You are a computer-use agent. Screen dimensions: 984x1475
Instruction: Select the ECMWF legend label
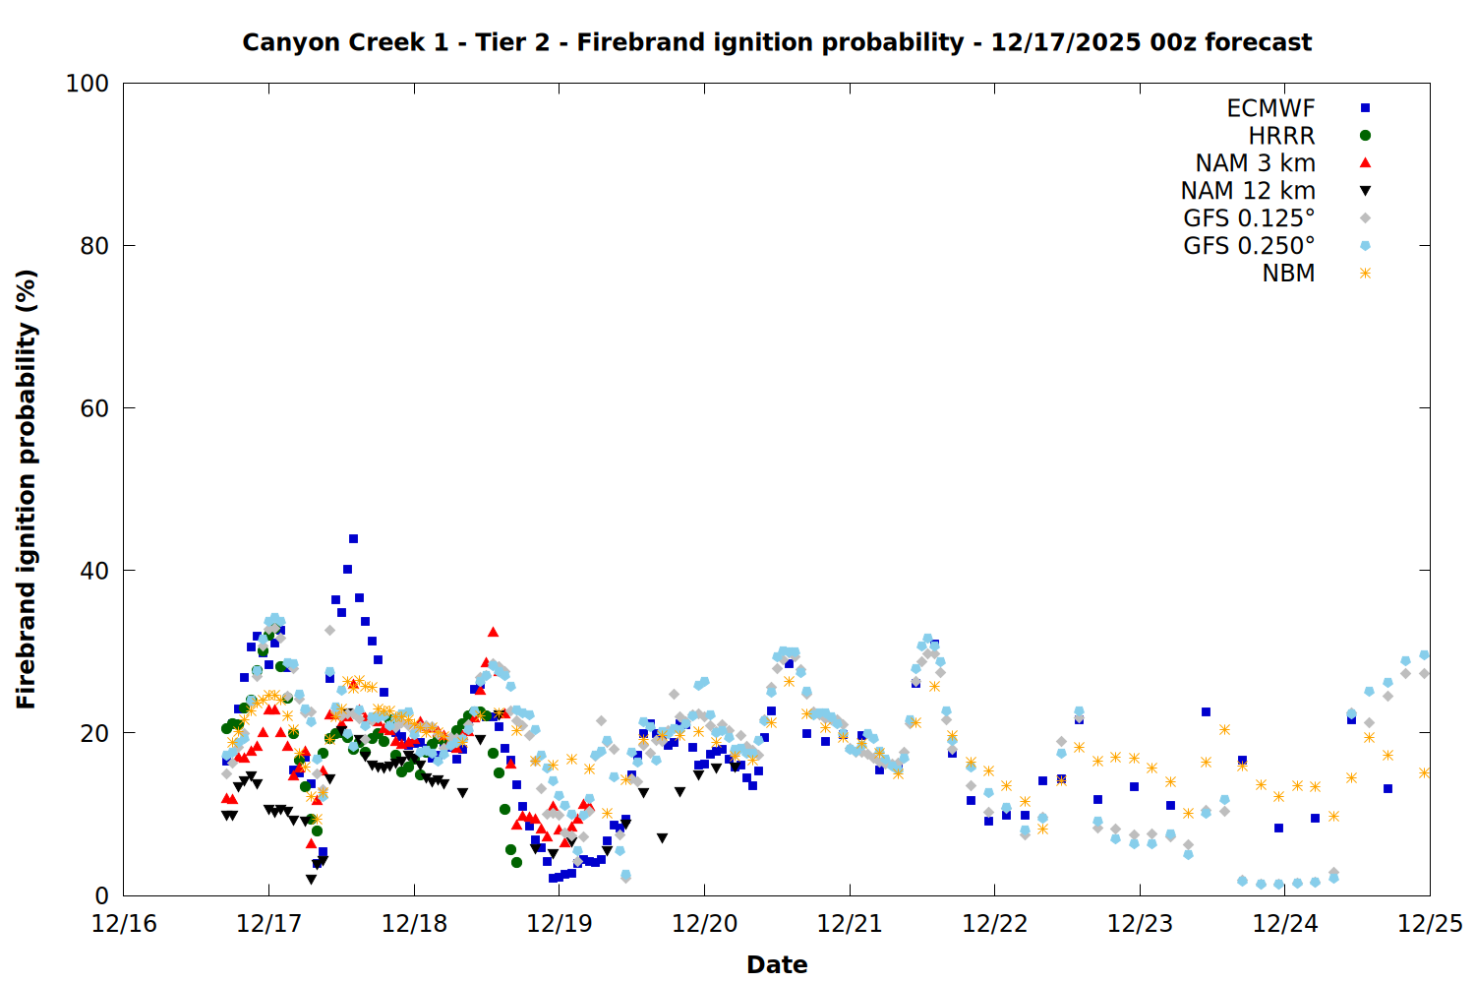click(1270, 108)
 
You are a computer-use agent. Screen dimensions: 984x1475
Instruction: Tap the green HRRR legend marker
click(1365, 136)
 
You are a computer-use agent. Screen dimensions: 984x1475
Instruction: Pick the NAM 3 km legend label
click(1255, 163)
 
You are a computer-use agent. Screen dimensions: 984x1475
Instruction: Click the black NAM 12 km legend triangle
click(1365, 191)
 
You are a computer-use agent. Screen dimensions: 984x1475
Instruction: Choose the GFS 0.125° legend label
click(1249, 218)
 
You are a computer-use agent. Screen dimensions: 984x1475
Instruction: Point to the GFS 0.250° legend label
click(1249, 246)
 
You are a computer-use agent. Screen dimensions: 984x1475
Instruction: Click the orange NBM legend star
click(1365, 274)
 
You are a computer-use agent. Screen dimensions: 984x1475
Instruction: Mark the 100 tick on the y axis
click(88, 84)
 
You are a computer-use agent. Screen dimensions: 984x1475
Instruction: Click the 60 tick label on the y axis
click(94, 408)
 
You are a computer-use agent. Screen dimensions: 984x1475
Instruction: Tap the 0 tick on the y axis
click(101, 895)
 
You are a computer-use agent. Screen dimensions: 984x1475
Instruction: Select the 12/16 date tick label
click(124, 924)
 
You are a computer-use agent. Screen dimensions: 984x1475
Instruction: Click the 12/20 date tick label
click(704, 924)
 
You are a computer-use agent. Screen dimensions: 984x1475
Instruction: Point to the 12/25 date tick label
click(1430, 924)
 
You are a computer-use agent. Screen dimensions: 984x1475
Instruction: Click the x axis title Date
click(777, 964)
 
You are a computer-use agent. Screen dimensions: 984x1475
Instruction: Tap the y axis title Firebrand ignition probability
click(27, 489)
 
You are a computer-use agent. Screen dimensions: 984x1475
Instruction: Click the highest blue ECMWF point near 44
click(353, 538)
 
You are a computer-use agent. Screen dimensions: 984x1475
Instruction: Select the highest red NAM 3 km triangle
click(493, 632)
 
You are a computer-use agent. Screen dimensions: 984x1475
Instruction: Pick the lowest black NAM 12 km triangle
click(311, 880)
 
